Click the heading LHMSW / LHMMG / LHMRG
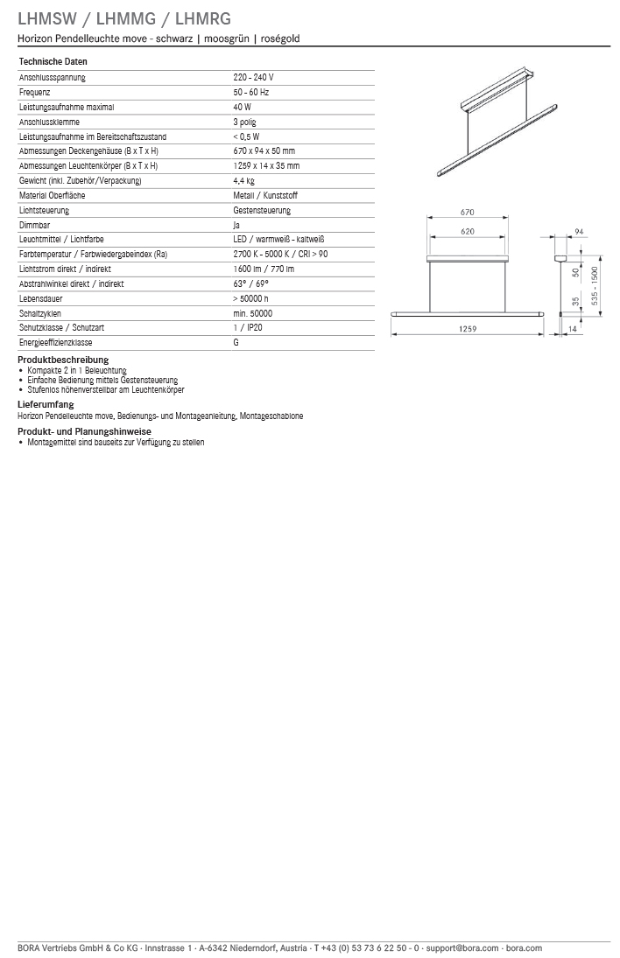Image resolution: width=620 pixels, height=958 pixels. pyautogui.click(x=124, y=18)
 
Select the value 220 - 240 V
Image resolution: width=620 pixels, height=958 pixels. pyautogui.click(x=253, y=78)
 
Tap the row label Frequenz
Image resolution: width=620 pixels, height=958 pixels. pyautogui.click(x=34, y=93)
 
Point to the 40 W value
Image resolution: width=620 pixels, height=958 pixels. pyautogui.click(x=242, y=108)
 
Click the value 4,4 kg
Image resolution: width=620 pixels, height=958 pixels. pyautogui.click(x=243, y=181)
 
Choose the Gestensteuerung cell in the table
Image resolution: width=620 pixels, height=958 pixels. pyautogui.click(x=262, y=211)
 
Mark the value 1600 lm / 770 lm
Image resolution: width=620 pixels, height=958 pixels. pyautogui.click(x=264, y=269)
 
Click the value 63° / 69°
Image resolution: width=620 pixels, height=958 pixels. pyautogui.click(x=250, y=284)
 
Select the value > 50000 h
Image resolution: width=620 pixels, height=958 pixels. pyautogui.click(x=250, y=299)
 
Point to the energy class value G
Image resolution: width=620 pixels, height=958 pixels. pyautogui.click(x=236, y=343)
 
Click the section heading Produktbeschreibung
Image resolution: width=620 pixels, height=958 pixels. pyautogui.click(x=63, y=360)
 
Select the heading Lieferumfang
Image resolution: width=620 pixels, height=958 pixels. pyautogui.click(x=46, y=404)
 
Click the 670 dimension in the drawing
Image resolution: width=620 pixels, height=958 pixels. pyautogui.click(x=467, y=213)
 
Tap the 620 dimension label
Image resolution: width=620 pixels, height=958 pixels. pyautogui.click(x=467, y=232)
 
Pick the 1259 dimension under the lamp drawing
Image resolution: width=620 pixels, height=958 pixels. pyautogui.click(x=467, y=329)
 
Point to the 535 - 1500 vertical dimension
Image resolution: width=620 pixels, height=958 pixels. pyautogui.click(x=595, y=286)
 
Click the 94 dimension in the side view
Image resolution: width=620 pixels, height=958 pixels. pyautogui.click(x=579, y=232)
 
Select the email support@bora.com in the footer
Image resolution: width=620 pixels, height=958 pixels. pyautogui.click(x=462, y=948)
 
